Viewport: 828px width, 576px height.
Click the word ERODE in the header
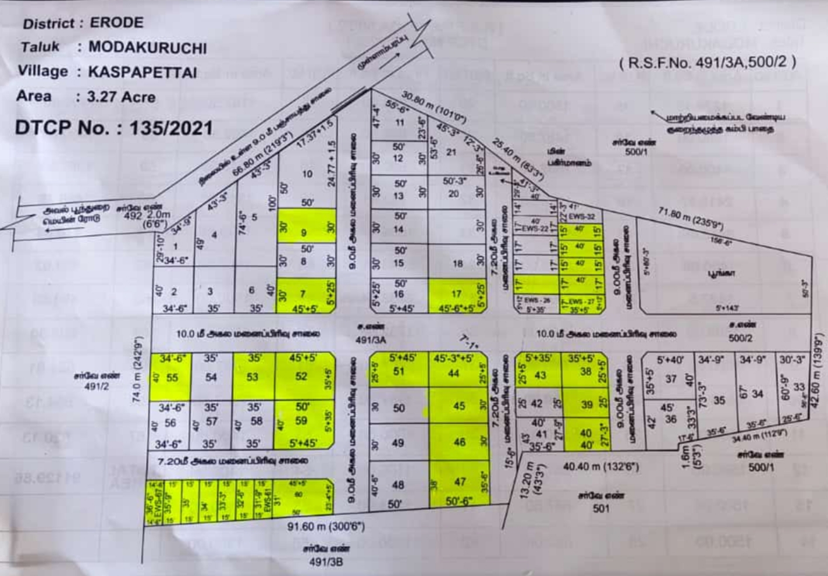pyautogui.click(x=116, y=23)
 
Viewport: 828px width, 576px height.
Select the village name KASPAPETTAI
pyautogui.click(x=142, y=73)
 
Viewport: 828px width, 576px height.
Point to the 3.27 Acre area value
pyautogui.click(x=121, y=97)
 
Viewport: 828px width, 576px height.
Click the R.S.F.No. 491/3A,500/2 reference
pyautogui.click(x=708, y=62)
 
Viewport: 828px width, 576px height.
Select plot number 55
pyautogui.click(x=172, y=378)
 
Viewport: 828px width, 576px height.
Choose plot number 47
pyautogui.click(x=460, y=482)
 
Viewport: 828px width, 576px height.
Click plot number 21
pyautogui.click(x=451, y=152)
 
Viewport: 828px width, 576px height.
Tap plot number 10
pyautogui.click(x=308, y=174)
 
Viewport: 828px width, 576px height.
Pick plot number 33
pyautogui.click(x=799, y=387)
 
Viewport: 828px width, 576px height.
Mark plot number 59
pyautogui.click(x=301, y=420)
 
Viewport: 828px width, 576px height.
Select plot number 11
pyautogui.click(x=399, y=123)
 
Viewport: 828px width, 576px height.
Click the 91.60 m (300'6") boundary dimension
pyautogui.click(x=326, y=527)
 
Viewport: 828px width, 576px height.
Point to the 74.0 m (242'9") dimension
pyautogui.click(x=138, y=369)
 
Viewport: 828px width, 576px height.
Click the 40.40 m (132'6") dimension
pyautogui.click(x=601, y=467)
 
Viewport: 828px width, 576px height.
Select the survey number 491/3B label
pyautogui.click(x=326, y=562)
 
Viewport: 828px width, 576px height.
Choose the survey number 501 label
pyautogui.click(x=601, y=508)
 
